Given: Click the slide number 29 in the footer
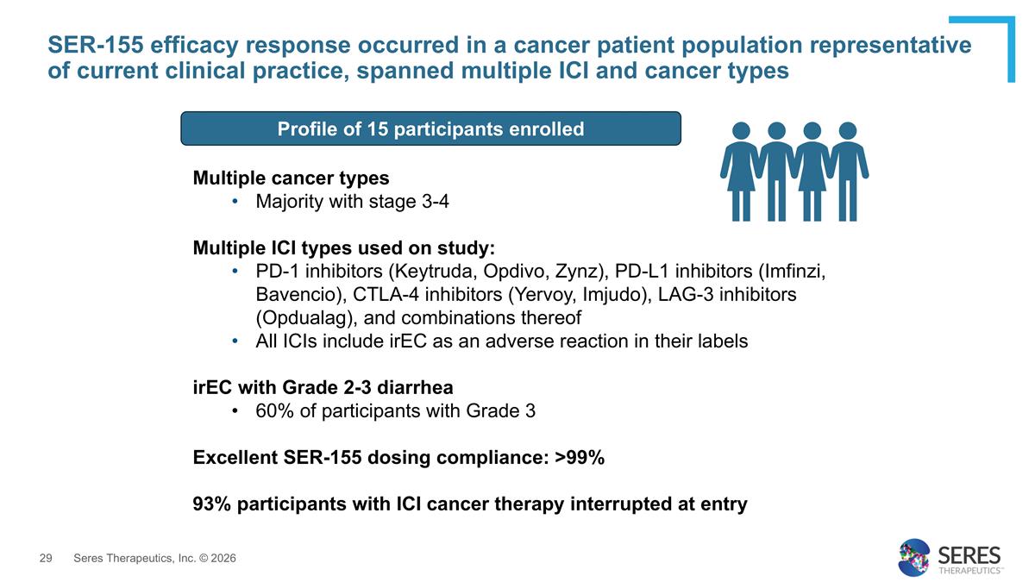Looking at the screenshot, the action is [x=46, y=558].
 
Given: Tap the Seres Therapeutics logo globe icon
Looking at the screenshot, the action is [x=913, y=558].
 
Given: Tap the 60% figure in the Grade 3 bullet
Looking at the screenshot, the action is [x=274, y=410].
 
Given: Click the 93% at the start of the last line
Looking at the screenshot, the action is [x=211, y=504].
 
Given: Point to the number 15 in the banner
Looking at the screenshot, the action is [x=378, y=128].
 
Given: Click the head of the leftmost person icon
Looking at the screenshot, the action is [x=741, y=131].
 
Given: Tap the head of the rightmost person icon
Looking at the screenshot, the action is [x=848, y=131].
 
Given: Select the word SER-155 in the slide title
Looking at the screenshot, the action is [x=96, y=45].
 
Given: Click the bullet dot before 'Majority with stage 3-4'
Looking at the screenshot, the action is [x=235, y=202].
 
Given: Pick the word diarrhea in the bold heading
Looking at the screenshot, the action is [x=415, y=387].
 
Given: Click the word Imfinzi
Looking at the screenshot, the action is [x=795, y=271].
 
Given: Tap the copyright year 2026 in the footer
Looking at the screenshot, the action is [x=223, y=558].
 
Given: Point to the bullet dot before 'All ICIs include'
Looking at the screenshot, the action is [x=235, y=341].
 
